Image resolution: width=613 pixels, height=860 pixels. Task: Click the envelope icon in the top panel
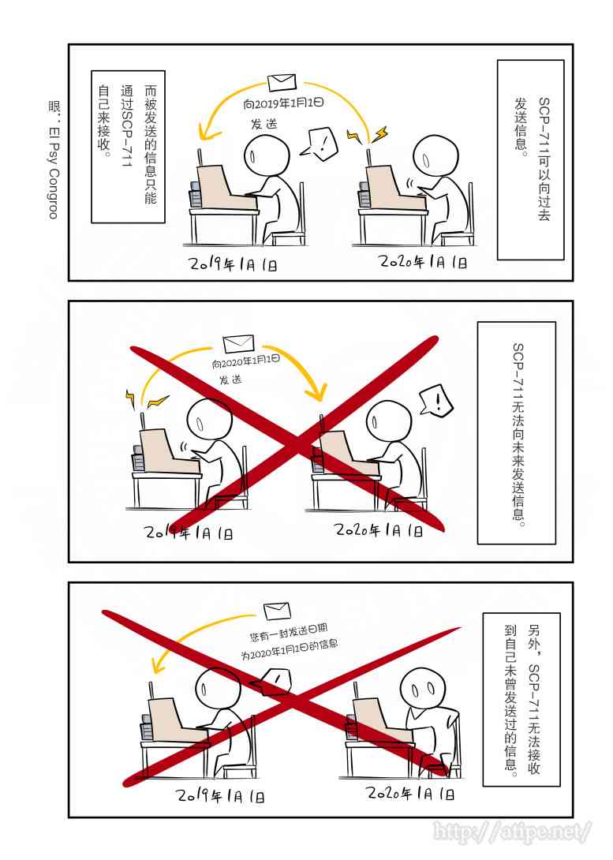point(281,82)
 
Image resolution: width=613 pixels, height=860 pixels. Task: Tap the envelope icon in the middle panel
point(238,344)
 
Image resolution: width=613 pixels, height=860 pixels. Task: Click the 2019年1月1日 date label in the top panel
point(234,263)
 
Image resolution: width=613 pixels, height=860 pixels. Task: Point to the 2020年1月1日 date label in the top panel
point(423,262)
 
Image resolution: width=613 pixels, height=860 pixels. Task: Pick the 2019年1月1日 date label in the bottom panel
point(220,795)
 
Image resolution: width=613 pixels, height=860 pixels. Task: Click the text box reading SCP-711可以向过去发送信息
point(530,159)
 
